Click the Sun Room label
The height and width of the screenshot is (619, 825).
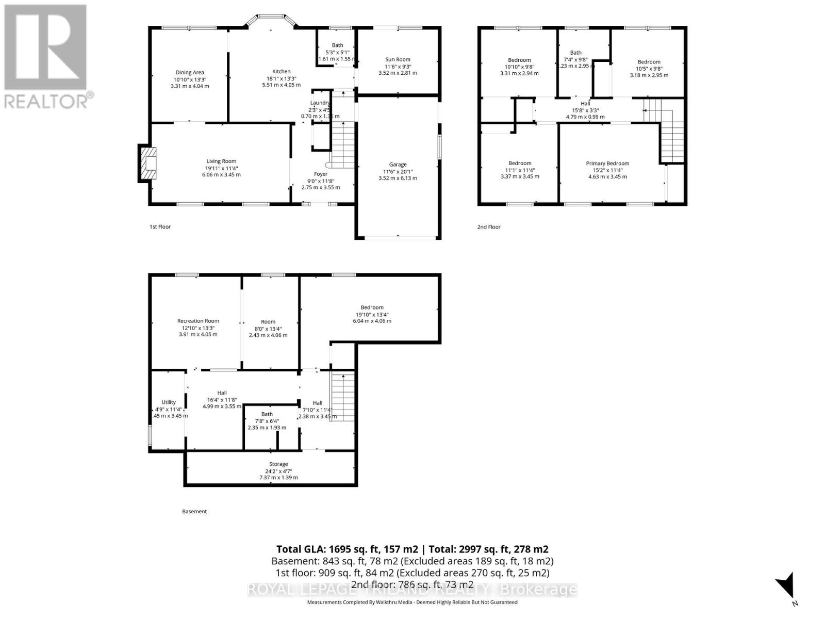coord(398,59)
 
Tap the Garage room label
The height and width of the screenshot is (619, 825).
coord(398,165)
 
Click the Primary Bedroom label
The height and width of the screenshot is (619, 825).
coord(607,164)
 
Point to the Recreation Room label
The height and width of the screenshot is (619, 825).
coord(198,321)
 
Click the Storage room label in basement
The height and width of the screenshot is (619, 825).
coord(278,464)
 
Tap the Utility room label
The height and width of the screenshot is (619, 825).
coord(169,402)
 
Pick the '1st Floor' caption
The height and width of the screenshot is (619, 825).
coord(160,227)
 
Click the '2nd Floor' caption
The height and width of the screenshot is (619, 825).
coord(489,227)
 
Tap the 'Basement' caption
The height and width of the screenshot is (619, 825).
coord(194,512)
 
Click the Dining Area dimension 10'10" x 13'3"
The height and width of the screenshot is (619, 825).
coord(190,79)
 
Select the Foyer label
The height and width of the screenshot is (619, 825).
coord(321,174)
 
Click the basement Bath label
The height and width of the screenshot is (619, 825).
coord(267,414)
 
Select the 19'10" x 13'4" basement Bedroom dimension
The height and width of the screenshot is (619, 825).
coord(372,314)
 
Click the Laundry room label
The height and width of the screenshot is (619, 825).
coord(320,103)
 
